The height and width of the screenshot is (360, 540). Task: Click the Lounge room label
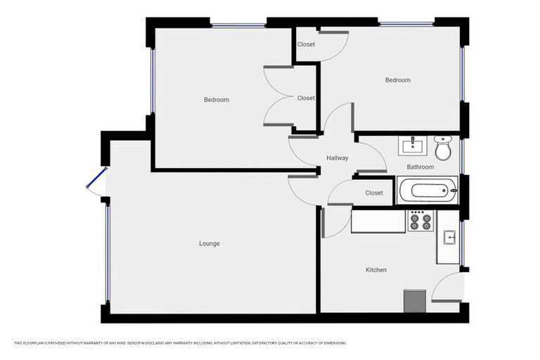[x=210, y=244]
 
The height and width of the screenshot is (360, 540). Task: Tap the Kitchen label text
[x=376, y=270]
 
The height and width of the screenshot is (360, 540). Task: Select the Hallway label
[x=337, y=158]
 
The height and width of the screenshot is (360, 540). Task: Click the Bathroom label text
[x=420, y=167]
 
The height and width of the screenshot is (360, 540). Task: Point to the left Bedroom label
[x=217, y=100]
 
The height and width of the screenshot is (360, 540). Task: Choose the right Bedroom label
[x=397, y=80]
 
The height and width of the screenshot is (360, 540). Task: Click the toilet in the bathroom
[x=443, y=148]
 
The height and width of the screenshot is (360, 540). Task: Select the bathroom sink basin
[x=411, y=146]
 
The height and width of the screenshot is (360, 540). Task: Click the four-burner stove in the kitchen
[x=420, y=221]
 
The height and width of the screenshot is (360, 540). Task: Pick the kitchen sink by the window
[x=447, y=238]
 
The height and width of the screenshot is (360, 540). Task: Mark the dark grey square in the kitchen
[x=415, y=301]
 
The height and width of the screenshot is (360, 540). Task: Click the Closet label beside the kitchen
[x=374, y=193]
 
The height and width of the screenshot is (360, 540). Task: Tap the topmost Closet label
[x=306, y=45]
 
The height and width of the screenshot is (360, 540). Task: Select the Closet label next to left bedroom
[x=306, y=98]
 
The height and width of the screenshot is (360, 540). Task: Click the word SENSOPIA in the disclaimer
[x=141, y=343]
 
